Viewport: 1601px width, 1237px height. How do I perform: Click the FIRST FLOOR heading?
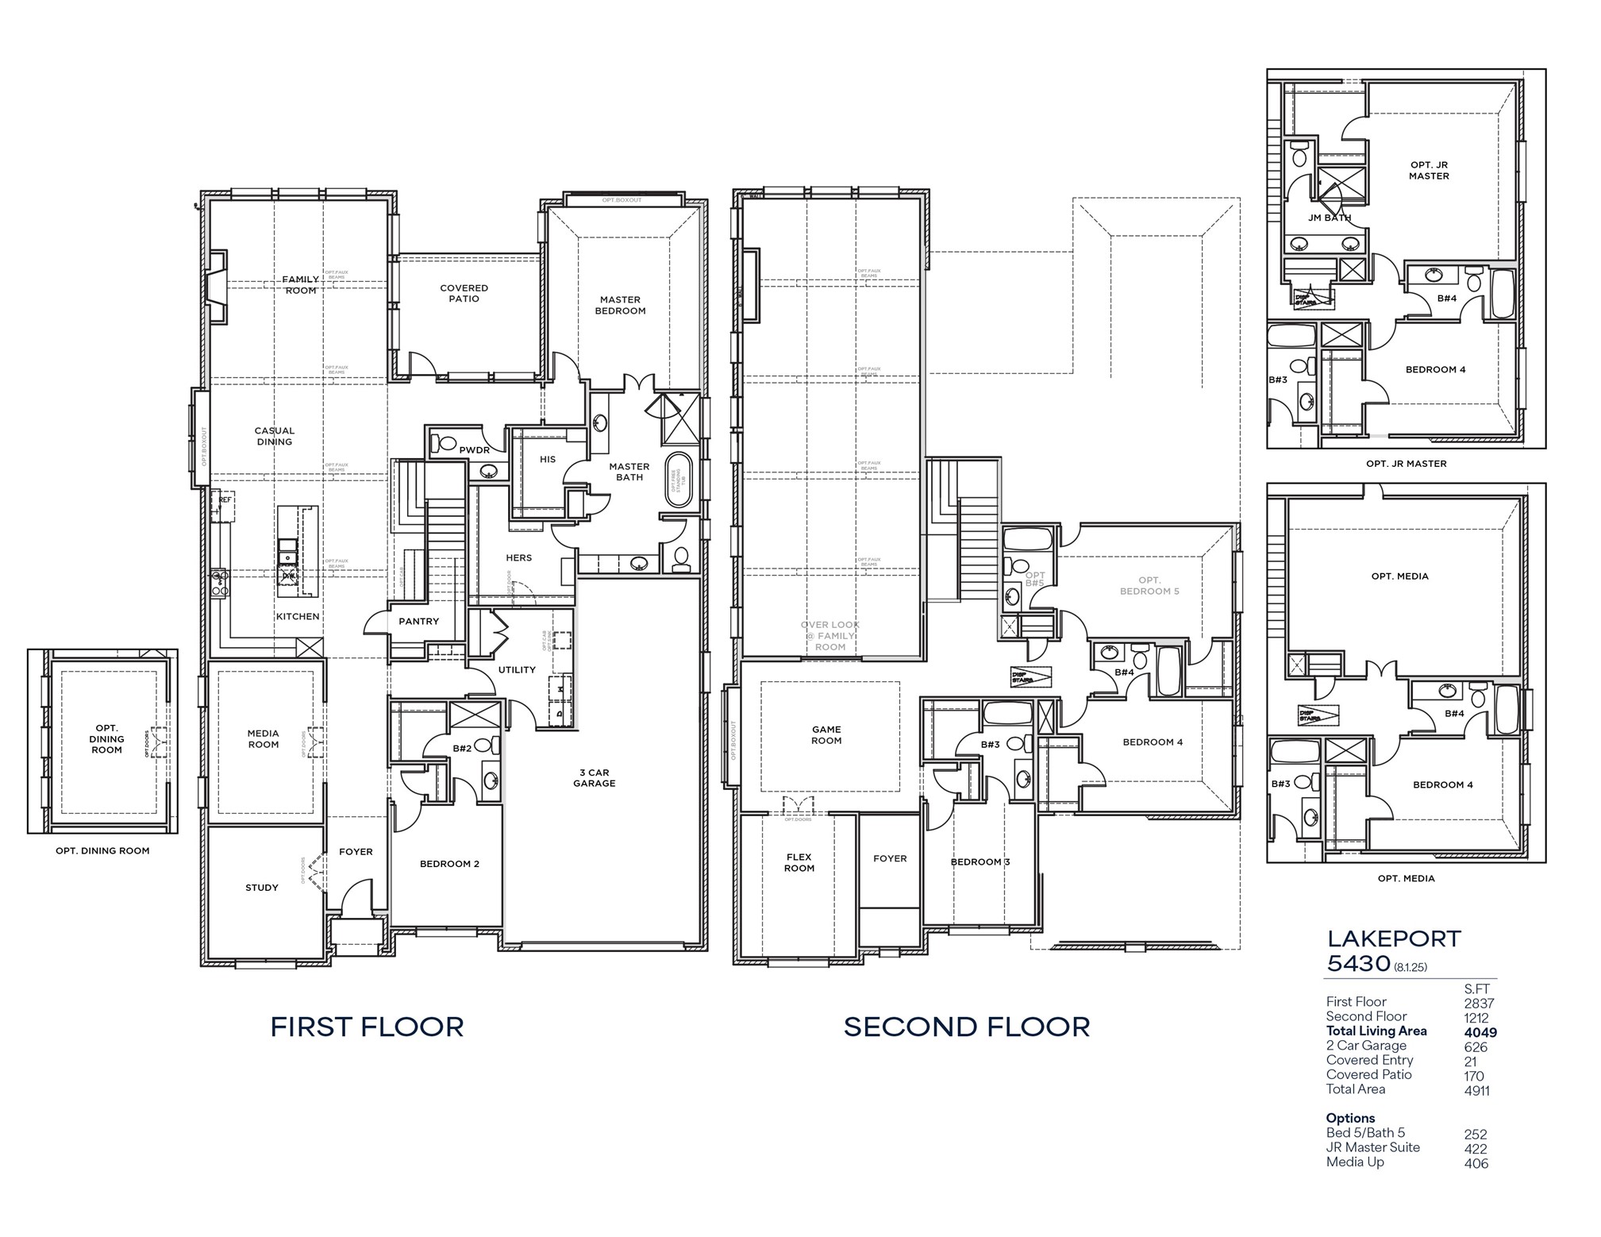pos(367,1027)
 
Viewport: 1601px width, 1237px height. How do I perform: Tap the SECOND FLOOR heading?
pos(966,1027)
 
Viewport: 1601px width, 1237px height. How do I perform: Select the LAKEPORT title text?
pos(1393,938)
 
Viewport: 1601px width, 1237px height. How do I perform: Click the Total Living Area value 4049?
pos(1480,1032)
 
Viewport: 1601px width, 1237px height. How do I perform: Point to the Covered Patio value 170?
pos(1473,1076)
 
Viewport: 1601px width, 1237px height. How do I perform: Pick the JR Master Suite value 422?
pos(1476,1148)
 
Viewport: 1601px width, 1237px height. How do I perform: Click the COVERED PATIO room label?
pos(464,293)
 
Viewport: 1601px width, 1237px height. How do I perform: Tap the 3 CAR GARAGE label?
pos(594,777)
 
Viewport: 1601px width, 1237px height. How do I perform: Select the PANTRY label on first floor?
pos(418,621)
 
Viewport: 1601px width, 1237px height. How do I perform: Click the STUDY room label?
pos(262,887)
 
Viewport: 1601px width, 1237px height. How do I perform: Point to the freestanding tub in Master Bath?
pos(679,480)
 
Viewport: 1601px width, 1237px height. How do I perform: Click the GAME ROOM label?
pos(826,734)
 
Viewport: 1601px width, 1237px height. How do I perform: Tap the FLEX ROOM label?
pos(799,862)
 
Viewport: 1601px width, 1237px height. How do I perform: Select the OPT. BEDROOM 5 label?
pos(1149,585)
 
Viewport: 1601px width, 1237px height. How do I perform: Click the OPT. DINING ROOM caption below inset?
pos(102,850)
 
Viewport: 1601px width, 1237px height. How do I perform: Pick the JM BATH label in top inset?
pos(1329,218)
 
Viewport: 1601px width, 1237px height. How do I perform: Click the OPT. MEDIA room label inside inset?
pos(1399,576)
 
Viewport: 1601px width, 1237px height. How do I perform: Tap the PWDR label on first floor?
pos(474,450)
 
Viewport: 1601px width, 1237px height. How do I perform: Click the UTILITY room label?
pos(517,669)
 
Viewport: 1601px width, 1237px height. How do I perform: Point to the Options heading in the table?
pos(1350,1118)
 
